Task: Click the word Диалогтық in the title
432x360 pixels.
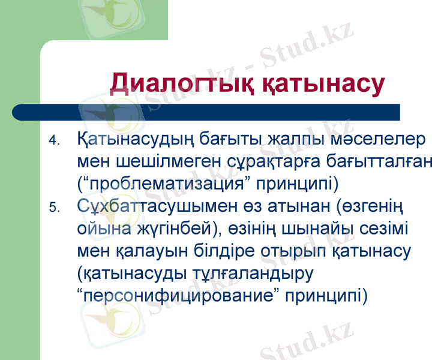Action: pyautogui.click(x=183, y=84)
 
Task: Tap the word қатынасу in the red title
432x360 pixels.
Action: pyautogui.click(x=323, y=84)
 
